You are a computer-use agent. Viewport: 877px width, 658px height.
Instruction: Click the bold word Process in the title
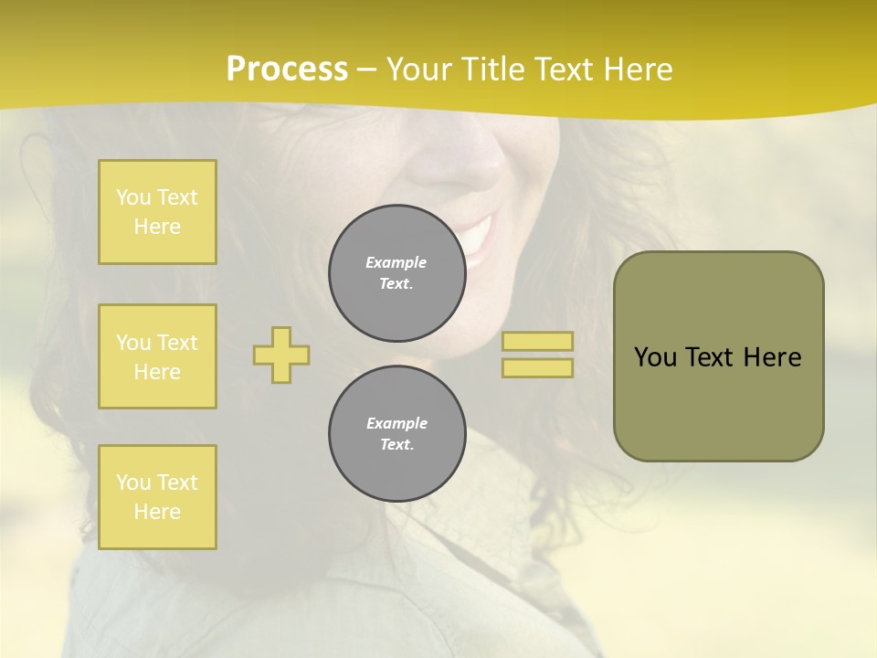287,69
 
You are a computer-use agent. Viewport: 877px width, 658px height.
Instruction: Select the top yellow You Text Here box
157,212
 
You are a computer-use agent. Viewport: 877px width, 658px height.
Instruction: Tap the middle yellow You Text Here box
157,356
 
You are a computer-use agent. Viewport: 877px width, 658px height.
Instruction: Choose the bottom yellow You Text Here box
157,497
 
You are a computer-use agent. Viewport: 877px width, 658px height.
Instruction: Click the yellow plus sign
281,355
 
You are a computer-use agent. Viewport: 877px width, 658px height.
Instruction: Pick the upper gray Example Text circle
396,273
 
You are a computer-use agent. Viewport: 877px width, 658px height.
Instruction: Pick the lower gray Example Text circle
396,434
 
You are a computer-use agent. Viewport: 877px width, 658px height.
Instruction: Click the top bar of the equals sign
537,342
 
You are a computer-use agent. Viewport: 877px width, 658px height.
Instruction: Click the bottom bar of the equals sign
537,367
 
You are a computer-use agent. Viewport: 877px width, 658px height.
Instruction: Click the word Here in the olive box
772,357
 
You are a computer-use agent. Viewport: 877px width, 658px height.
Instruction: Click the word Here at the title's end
633,69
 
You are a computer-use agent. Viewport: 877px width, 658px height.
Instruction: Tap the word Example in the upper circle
396,262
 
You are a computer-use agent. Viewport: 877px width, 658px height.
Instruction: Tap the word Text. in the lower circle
396,445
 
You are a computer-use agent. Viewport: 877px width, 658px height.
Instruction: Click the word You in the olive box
655,357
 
